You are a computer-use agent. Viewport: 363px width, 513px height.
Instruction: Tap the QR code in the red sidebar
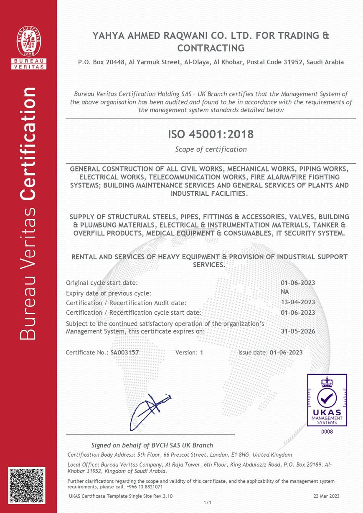pos(27,485)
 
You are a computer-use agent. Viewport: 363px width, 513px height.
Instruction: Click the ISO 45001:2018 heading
pos(211,134)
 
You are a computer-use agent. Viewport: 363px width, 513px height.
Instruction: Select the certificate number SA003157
pos(124,352)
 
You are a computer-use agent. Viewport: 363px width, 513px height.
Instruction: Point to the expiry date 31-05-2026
pos(298,331)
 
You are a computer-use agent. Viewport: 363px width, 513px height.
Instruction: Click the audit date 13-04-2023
pos(298,302)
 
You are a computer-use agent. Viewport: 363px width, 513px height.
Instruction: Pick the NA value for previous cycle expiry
pos(285,292)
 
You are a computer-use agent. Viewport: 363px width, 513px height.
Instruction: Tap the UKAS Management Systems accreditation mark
pos(327,400)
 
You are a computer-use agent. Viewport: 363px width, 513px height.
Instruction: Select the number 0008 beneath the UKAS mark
pos(327,432)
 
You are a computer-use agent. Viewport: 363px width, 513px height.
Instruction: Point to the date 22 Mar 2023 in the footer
pos(326,496)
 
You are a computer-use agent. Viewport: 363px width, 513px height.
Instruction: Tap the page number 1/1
pos(208,503)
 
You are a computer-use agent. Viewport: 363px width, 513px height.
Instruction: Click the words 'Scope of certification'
pos(211,149)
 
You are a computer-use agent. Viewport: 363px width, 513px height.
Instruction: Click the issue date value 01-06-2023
pos(286,352)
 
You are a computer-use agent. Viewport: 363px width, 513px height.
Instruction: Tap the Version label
pos(186,352)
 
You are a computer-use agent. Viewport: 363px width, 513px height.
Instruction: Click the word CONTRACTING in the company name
pos(211,48)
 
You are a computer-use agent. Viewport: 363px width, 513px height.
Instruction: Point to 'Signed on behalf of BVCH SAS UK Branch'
pos(152,445)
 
